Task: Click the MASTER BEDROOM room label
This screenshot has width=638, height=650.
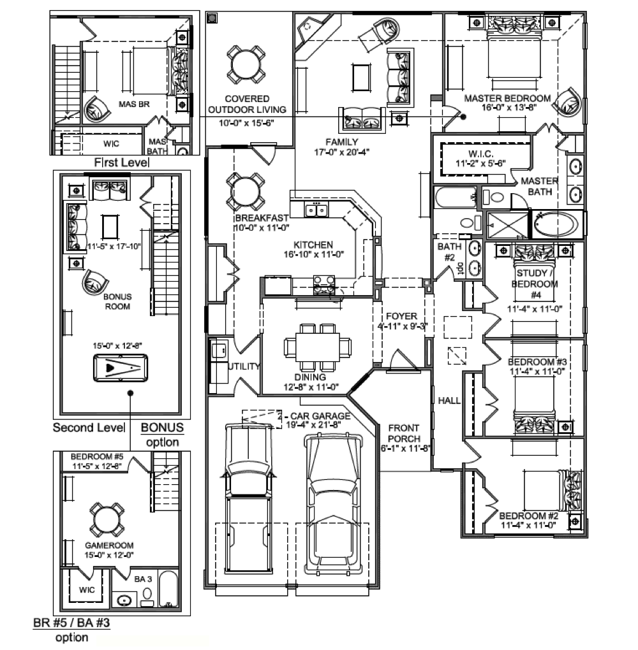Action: click(x=507, y=98)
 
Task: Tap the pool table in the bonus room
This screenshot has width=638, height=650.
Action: click(x=121, y=368)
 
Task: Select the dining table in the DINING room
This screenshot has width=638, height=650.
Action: click(x=317, y=347)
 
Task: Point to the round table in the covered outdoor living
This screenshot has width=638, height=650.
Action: click(x=246, y=64)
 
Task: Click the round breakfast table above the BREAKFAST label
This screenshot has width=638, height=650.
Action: click(x=246, y=192)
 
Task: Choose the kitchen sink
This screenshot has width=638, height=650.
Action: click(x=316, y=210)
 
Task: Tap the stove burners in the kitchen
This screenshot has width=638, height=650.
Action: click(x=323, y=284)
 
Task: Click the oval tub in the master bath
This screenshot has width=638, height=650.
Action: click(x=556, y=225)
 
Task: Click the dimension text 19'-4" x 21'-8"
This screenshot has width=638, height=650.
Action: click(x=313, y=425)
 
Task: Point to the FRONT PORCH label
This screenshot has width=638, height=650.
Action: click(x=404, y=433)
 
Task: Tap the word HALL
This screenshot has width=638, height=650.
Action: click(x=449, y=400)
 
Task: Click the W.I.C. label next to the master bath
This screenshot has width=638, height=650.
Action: click(x=480, y=154)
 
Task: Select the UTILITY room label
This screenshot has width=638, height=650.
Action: click(x=244, y=366)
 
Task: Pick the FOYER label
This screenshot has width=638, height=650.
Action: click(x=401, y=316)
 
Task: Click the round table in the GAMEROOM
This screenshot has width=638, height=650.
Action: click(x=107, y=521)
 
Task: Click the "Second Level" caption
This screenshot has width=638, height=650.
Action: click(x=89, y=428)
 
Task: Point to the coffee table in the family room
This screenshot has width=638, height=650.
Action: click(x=361, y=77)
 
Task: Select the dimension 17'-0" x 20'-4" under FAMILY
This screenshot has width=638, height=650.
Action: click(x=341, y=152)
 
